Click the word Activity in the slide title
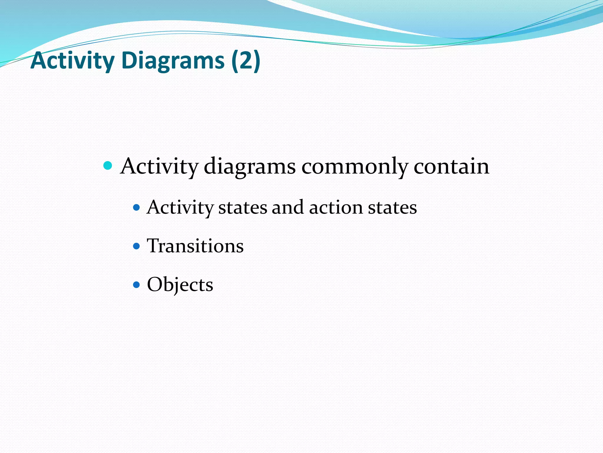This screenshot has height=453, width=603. [x=72, y=60]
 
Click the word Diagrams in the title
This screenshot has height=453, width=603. [x=173, y=60]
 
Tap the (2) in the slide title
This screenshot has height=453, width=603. [x=246, y=60]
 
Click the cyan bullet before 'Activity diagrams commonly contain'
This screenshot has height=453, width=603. [x=108, y=165]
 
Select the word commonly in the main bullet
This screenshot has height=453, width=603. [x=354, y=167]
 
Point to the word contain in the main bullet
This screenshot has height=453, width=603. [x=451, y=166]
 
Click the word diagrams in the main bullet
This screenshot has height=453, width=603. [x=249, y=167]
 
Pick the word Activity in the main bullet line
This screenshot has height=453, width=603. [x=159, y=167]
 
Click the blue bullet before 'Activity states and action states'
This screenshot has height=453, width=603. [x=136, y=208]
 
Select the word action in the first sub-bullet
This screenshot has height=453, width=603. [x=336, y=208]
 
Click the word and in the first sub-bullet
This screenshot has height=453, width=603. [x=287, y=208]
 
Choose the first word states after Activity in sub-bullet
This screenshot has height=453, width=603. [x=243, y=208]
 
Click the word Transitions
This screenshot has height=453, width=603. [x=195, y=246]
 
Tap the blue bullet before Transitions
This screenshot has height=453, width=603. [x=136, y=246]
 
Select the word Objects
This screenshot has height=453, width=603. [x=180, y=285]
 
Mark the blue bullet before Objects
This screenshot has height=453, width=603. [x=136, y=285]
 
